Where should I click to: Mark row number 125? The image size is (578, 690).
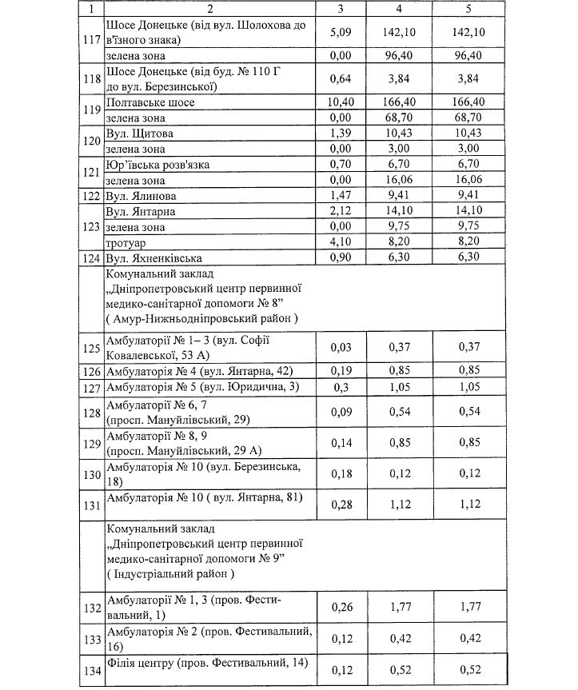pos(93,347)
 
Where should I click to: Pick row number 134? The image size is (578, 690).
pos(93,670)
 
